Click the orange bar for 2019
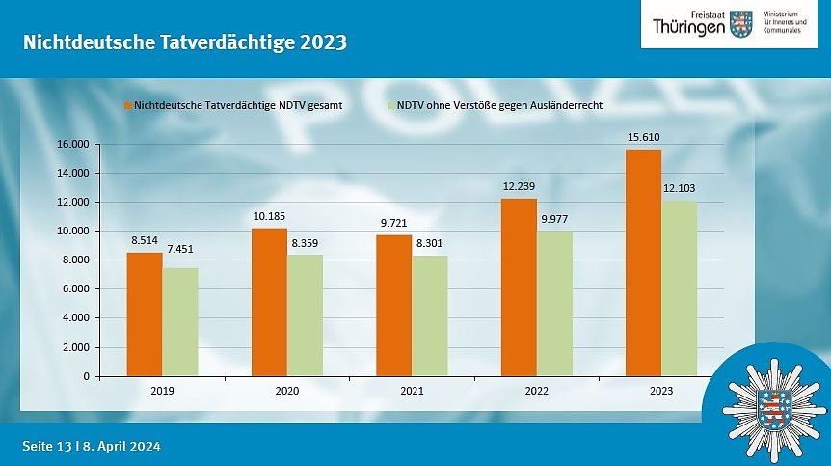point(145,314)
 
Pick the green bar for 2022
point(554,303)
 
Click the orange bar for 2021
point(394,305)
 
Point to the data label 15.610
point(643,137)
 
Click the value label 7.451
point(179,249)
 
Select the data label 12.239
point(519,186)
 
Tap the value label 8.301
point(429,243)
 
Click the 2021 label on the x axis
point(412,391)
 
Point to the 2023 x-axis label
point(661,391)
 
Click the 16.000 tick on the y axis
point(74,145)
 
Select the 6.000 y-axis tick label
point(76,289)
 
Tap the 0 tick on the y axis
point(87,376)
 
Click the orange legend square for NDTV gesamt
point(127,105)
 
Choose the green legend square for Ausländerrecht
point(390,105)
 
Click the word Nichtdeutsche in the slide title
point(86,43)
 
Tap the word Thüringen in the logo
point(688,26)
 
